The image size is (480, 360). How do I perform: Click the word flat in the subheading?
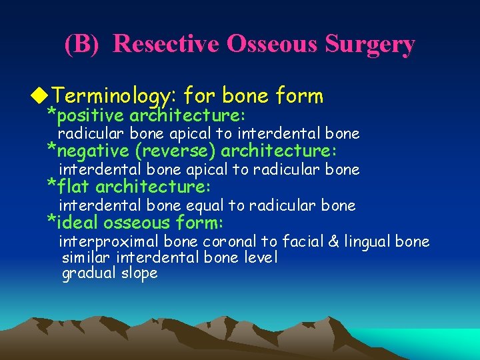point(73,185)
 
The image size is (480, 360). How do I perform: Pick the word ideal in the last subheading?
point(77,222)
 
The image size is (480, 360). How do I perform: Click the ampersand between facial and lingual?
point(328,241)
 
